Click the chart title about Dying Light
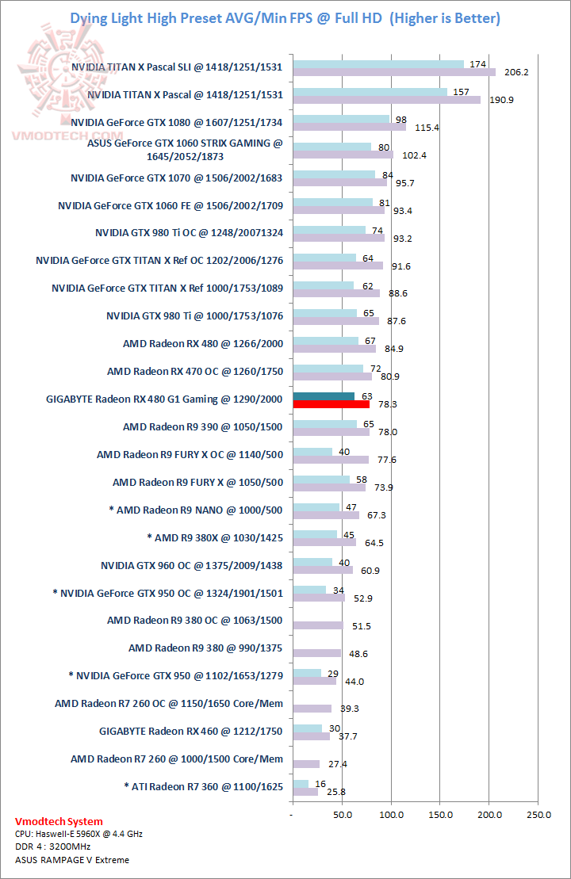click(285, 17)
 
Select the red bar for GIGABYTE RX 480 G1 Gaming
click(331, 404)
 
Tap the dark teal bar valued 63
click(324, 396)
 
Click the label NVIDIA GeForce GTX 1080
click(177, 122)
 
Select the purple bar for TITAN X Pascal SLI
click(394, 72)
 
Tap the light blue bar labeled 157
click(370, 92)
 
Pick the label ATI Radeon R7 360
click(204, 786)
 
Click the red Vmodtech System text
click(59, 821)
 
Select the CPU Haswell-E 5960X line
click(79, 834)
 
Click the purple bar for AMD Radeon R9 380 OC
click(317, 625)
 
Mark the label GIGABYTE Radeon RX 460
click(191, 731)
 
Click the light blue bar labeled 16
click(301, 783)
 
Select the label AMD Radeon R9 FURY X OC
click(190, 454)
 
